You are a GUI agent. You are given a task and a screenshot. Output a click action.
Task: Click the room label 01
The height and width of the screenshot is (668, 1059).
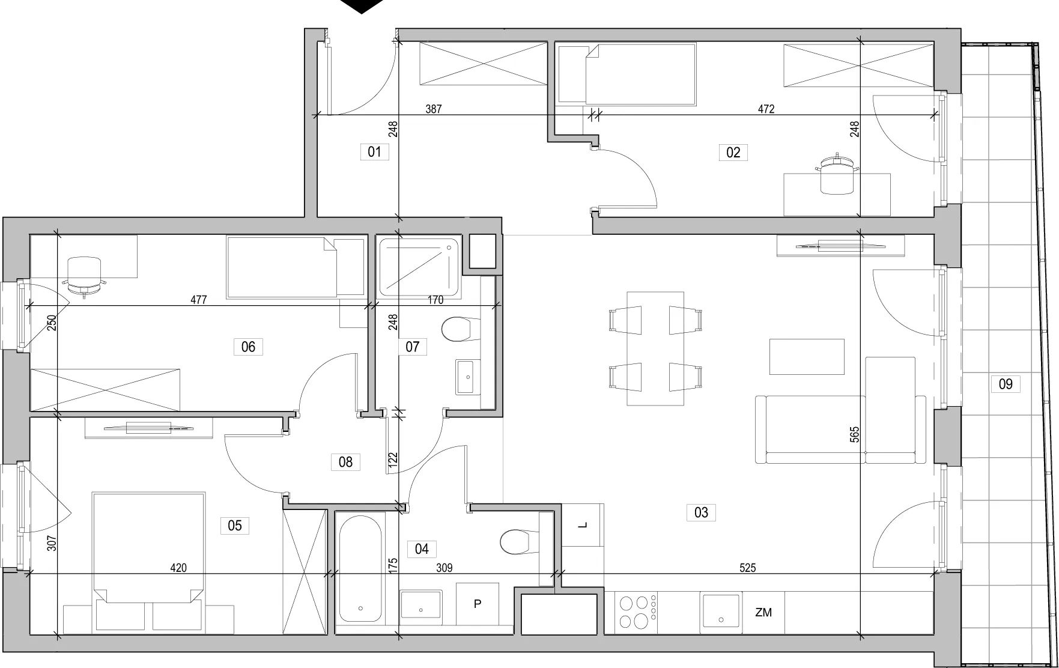374,152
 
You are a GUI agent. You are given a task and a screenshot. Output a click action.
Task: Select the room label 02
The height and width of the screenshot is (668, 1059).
733,153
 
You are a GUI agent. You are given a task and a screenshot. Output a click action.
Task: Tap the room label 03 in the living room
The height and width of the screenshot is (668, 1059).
701,512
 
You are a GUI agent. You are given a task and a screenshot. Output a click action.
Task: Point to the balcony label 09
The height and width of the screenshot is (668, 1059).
1006,384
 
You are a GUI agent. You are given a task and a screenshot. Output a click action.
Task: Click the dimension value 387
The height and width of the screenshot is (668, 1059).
434,109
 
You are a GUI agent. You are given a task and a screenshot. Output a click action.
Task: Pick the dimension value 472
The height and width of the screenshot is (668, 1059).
766,109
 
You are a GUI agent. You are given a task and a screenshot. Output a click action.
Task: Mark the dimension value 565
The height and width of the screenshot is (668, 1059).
855,434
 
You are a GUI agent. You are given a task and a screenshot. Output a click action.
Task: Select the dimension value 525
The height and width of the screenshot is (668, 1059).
747,568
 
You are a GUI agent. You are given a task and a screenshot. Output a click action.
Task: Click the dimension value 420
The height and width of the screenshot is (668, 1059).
178,568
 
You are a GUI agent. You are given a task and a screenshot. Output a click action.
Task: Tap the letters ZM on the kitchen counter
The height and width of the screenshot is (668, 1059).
763,613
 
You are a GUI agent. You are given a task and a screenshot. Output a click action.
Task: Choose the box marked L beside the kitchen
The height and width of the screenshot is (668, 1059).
583,525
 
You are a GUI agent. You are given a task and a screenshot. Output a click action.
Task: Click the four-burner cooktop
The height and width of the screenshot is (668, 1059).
637,612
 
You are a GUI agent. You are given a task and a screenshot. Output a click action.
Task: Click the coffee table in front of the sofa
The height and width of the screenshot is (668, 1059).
807,357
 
